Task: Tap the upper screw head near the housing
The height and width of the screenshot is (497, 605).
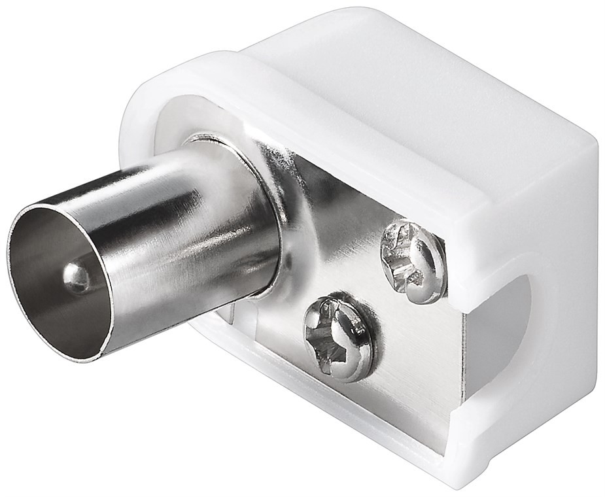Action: (413, 261)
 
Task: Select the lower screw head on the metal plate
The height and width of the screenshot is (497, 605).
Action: (338, 338)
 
